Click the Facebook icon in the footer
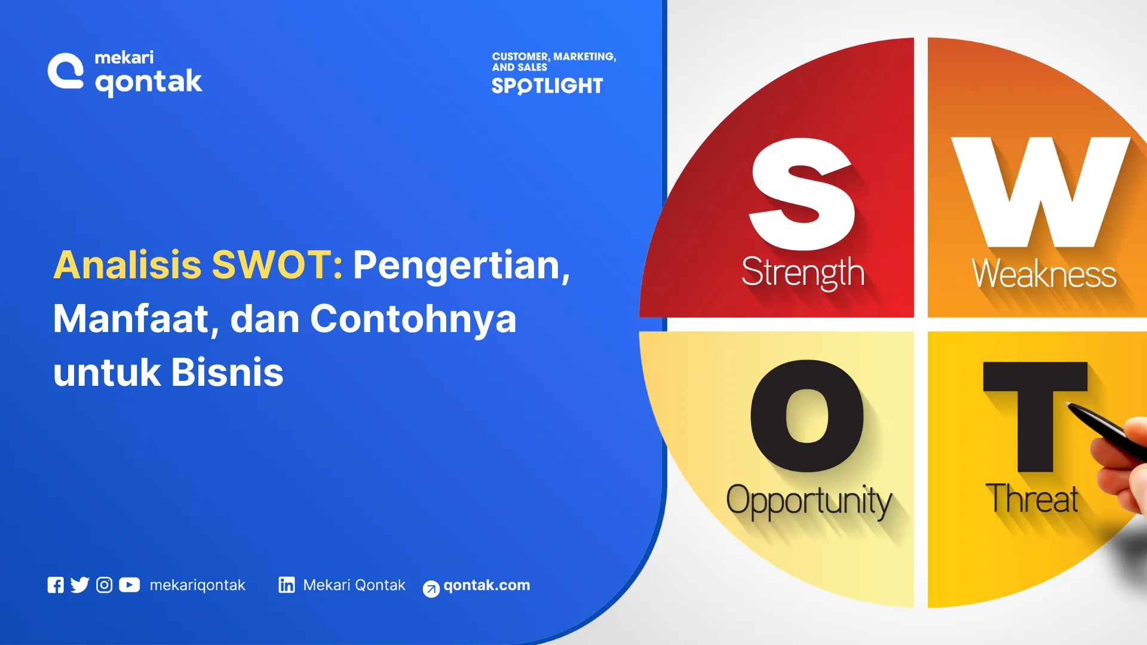pyautogui.click(x=56, y=585)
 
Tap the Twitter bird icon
pyautogui.click(x=79, y=585)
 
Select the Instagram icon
pyautogui.click(x=104, y=585)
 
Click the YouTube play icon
pyautogui.click(x=129, y=585)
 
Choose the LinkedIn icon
pyautogui.click(x=287, y=585)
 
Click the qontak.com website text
pyautogui.click(x=486, y=585)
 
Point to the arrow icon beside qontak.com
pyautogui.click(x=431, y=589)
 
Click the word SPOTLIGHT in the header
pyautogui.click(x=547, y=86)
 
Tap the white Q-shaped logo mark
pyautogui.click(x=66, y=72)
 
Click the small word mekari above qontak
pyautogui.click(x=124, y=57)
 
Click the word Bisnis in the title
pyautogui.click(x=227, y=372)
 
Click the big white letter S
pyautogui.click(x=803, y=194)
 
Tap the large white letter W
pyautogui.click(x=1041, y=191)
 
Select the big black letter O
pyautogui.click(x=807, y=416)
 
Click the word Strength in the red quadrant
pyautogui.click(x=803, y=273)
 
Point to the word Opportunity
pyautogui.click(x=808, y=500)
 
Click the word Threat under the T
pyautogui.click(x=1031, y=499)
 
